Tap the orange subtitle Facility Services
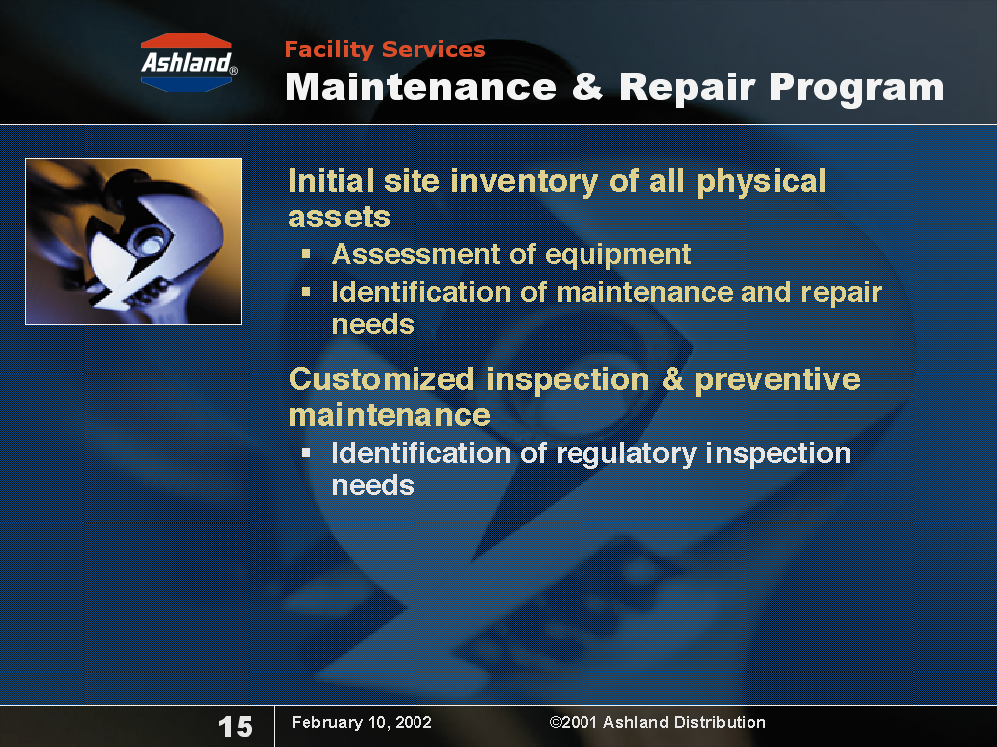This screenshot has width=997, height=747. pyautogui.click(x=385, y=49)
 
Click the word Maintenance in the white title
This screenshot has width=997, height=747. pyautogui.click(x=420, y=87)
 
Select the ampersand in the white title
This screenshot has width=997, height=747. pyautogui.click(x=587, y=86)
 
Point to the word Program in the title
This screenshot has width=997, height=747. pyautogui.click(x=857, y=88)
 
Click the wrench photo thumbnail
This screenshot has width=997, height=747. pyautogui.click(x=133, y=241)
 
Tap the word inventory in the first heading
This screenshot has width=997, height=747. pyautogui.click(x=525, y=181)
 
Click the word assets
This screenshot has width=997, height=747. pyautogui.click(x=340, y=218)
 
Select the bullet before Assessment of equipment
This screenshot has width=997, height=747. pyautogui.click(x=306, y=254)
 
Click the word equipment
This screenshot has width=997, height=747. pyautogui.click(x=617, y=255)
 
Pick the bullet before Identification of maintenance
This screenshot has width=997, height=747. pyautogui.click(x=306, y=292)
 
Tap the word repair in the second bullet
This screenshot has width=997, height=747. pyautogui.click(x=841, y=293)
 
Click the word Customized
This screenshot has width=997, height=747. pyautogui.click(x=382, y=379)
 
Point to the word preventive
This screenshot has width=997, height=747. pyautogui.click(x=777, y=380)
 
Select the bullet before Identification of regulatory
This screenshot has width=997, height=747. pyautogui.click(x=306, y=453)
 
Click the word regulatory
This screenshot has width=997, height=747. pyautogui.click(x=626, y=455)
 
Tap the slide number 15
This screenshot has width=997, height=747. pyautogui.click(x=236, y=727)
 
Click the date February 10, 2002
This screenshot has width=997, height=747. pyautogui.click(x=362, y=722)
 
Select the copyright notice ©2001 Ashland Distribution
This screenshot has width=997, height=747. pyautogui.click(x=657, y=722)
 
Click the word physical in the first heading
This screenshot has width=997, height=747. pyautogui.click(x=761, y=182)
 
